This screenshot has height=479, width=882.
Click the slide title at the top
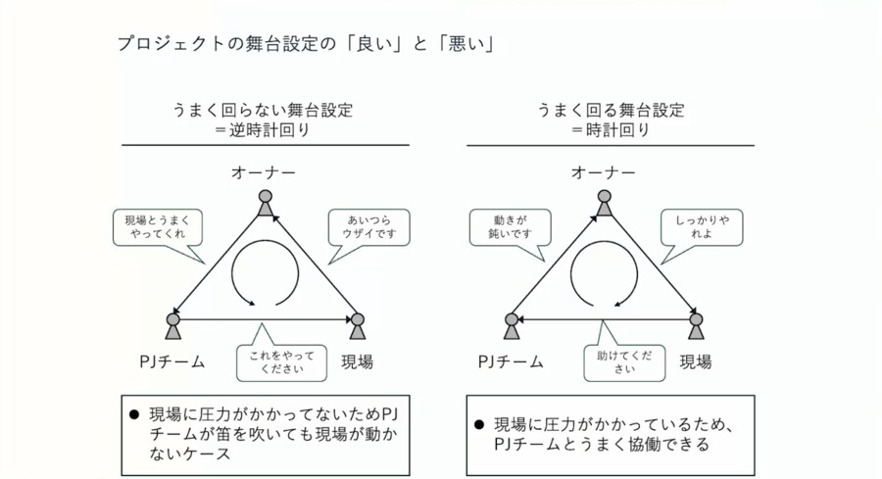click(x=303, y=43)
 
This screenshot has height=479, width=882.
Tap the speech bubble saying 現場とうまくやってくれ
click(x=158, y=228)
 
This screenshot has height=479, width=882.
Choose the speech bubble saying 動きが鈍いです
click(x=510, y=228)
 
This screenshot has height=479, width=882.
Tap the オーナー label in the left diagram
click(x=264, y=173)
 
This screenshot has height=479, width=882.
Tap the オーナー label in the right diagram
click(x=604, y=173)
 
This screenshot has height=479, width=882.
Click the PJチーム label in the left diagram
click(x=171, y=361)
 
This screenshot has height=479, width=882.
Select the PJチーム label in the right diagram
click(x=511, y=361)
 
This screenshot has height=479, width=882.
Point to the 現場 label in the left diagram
click(x=358, y=361)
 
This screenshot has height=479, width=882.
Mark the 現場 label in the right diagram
click(x=696, y=361)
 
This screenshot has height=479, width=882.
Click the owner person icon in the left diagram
click(x=265, y=203)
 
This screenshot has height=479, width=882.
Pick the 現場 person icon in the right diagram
click(x=696, y=325)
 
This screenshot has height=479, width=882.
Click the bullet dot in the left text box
click(x=134, y=413)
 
